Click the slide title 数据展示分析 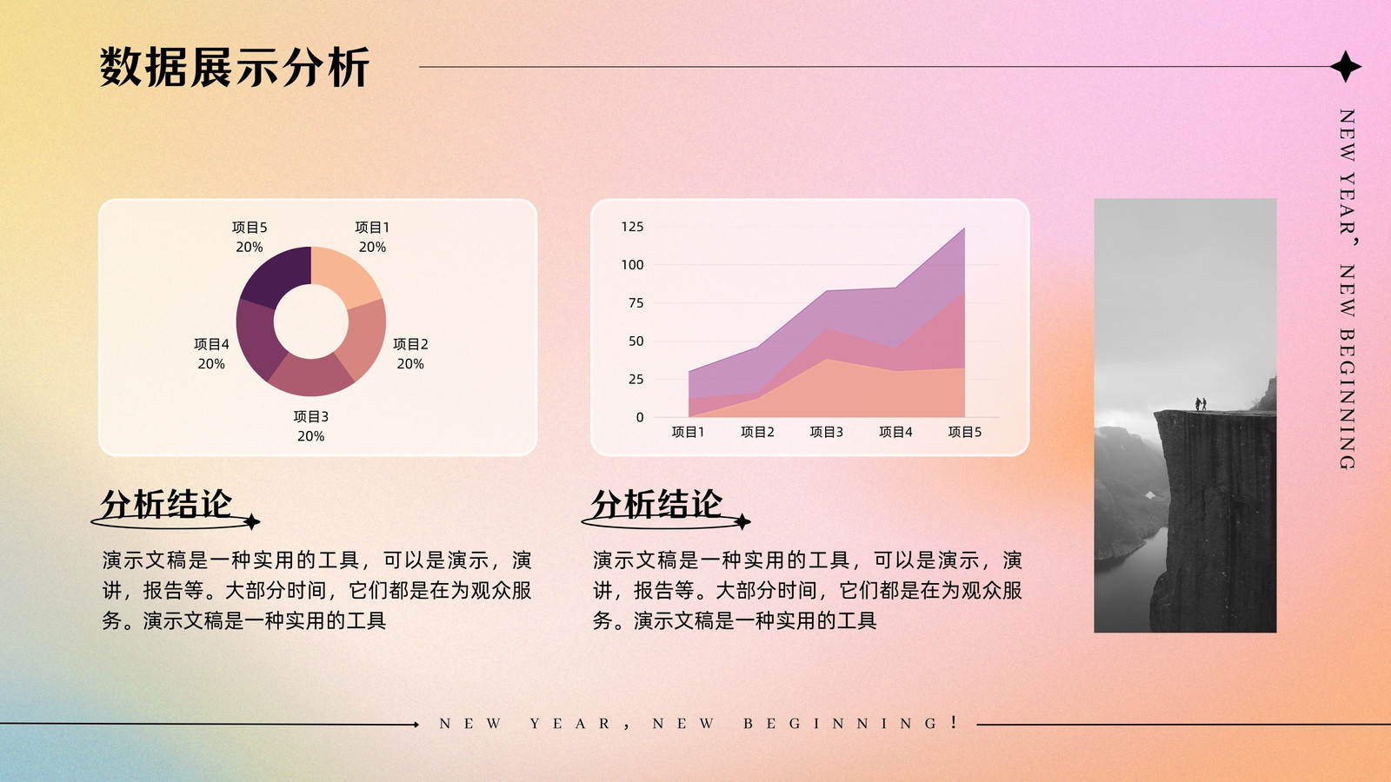point(235,66)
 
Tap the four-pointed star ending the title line point(1345,66)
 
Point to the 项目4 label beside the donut point(211,344)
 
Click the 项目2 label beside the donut point(410,344)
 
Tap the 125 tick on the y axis point(632,227)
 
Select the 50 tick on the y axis point(636,341)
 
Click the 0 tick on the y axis point(640,417)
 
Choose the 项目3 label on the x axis point(827,432)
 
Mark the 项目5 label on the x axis point(964,432)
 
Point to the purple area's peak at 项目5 point(964,229)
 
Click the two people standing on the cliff point(1201,404)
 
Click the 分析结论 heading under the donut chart point(166,503)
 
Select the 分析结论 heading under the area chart point(657,503)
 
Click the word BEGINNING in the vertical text point(1347,399)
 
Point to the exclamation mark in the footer point(953,722)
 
